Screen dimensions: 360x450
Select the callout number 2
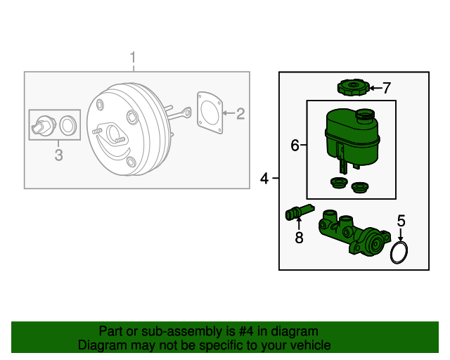(x=240, y=112)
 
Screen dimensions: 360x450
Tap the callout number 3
(x=58, y=155)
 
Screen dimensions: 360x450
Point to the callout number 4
(x=264, y=179)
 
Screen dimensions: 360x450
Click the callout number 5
(x=401, y=221)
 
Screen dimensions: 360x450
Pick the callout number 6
(x=295, y=146)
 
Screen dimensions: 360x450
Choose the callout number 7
(x=385, y=88)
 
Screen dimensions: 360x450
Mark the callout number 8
(x=299, y=238)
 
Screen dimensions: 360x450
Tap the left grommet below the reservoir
(x=337, y=184)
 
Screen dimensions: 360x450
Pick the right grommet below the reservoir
(x=360, y=188)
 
